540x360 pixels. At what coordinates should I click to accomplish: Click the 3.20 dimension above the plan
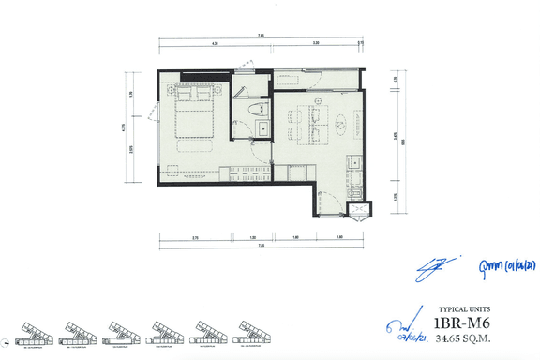point(316,44)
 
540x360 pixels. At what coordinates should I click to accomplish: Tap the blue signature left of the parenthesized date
point(438,265)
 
